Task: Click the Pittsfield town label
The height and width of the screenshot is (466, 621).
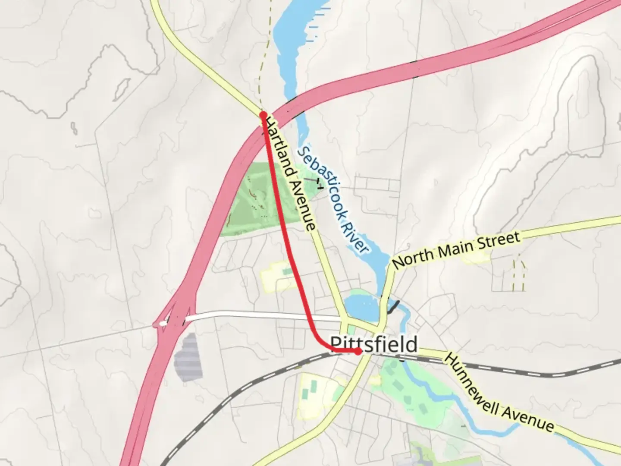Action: pyautogui.click(x=374, y=345)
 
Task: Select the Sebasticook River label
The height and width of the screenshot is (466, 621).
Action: pyautogui.click(x=334, y=199)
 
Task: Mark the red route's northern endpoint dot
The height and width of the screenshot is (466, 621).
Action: pyautogui.click(x=263, y=115)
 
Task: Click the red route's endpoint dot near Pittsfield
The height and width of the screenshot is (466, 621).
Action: pyautogui.click(x=358, y=352)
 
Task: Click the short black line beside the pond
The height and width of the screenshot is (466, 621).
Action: pyautogui.click(x=394, y=306)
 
